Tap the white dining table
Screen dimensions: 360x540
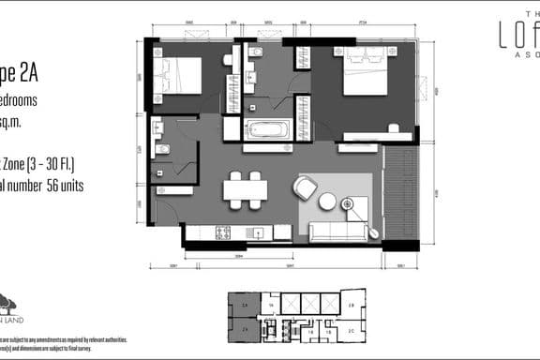pyautogui.click(x=245, y=189)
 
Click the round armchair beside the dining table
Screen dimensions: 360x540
pyautogui.click(x=306, y=188)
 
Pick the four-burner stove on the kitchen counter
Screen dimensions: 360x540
pyautogui.click(x=223, y=232)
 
